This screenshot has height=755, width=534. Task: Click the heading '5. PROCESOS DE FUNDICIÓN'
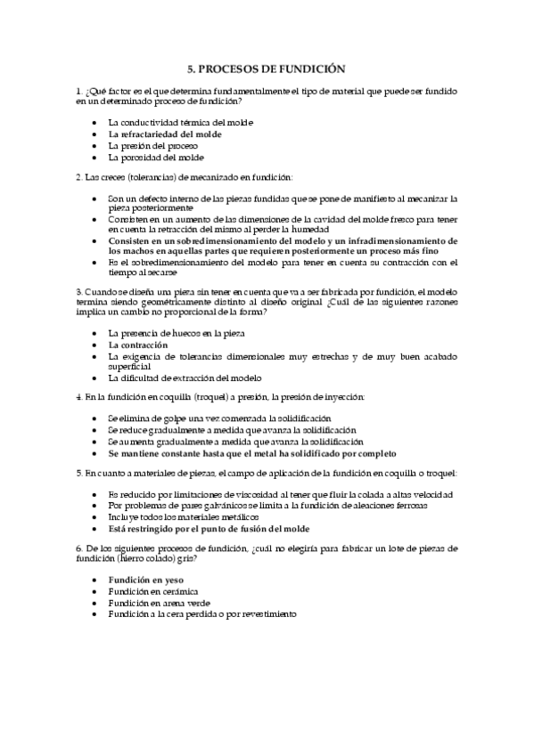(267, 68)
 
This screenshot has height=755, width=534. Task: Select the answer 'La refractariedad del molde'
(165, 134)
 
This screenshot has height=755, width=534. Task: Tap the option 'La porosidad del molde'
(155, 157)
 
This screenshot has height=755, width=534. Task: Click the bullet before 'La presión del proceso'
(95, 145)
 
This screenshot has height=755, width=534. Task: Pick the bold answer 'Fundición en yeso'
(146, 580)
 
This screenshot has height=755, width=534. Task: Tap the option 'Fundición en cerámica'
(152, 591)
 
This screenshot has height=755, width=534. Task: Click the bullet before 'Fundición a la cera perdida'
(95, 614)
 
